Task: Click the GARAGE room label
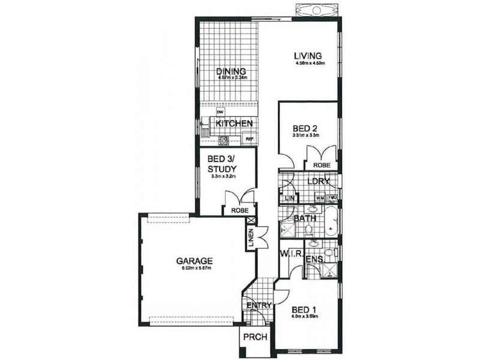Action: (x=194, y=261)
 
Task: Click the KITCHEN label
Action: (x=233, y=124)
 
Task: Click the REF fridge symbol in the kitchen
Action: (x=250, y=139)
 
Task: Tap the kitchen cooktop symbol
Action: (x=223, y=140)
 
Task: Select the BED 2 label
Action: (x=305, y=128)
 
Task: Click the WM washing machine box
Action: (x=320, y=197)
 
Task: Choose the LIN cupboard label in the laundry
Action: (x=289, y=198)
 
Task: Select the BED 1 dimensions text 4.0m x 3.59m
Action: (x=304, y=316)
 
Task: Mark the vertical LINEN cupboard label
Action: (x=251, y=237)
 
